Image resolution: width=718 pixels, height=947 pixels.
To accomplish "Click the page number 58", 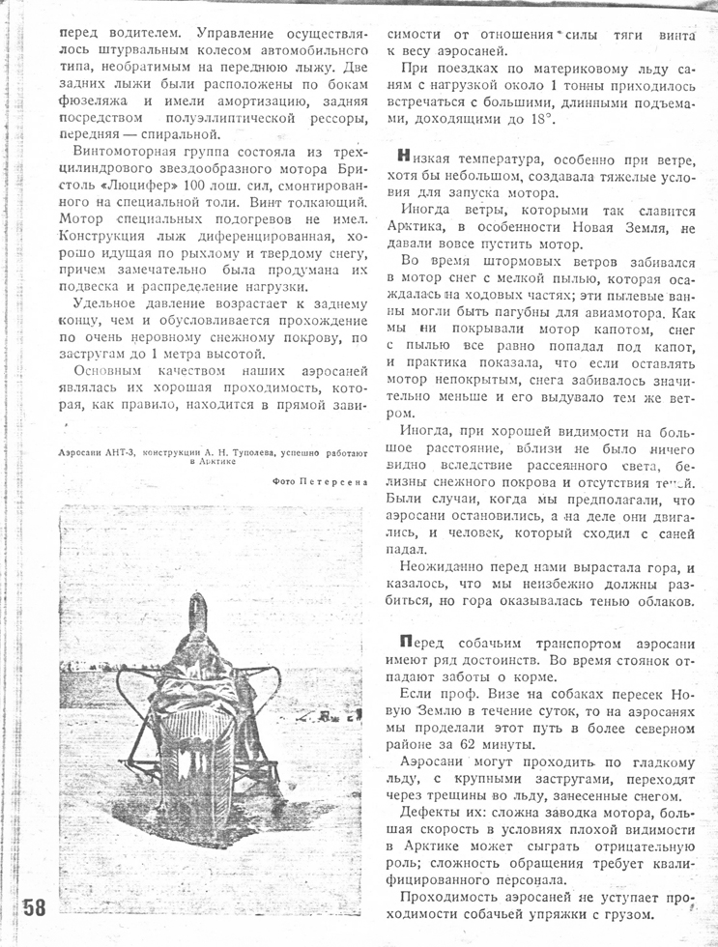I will pyautogui.click(x=34, y=908).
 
